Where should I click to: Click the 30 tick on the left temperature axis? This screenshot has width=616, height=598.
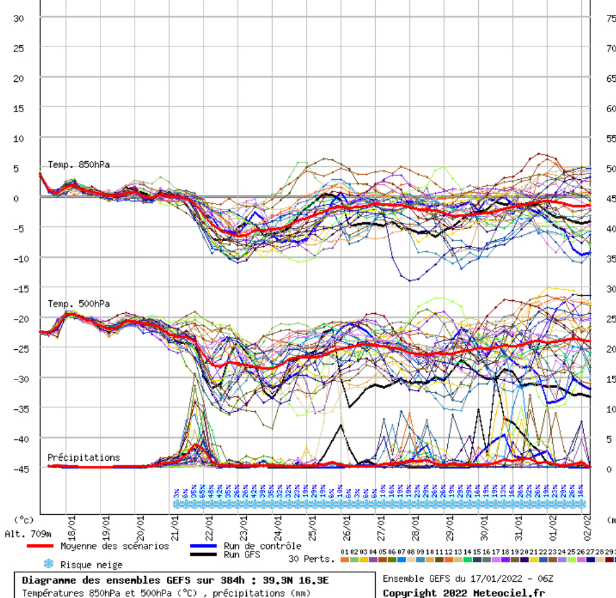[18, 18]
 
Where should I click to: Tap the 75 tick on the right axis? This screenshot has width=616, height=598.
[611, 18]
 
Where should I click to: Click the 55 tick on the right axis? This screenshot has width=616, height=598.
[611, 139]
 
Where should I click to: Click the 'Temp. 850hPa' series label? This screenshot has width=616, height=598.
[79, 165]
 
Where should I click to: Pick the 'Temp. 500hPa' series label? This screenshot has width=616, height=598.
[79, 304]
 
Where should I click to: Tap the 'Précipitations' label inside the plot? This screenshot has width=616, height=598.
[84, 458]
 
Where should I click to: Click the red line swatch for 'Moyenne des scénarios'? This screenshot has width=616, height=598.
[40, 546]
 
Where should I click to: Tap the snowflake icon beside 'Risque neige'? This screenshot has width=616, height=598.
[48, 564]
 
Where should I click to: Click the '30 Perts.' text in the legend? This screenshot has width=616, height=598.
[311, 559]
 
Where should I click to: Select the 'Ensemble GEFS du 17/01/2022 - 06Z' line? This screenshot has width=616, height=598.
[468, 579]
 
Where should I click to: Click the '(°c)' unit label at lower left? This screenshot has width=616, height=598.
[24, 519]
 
